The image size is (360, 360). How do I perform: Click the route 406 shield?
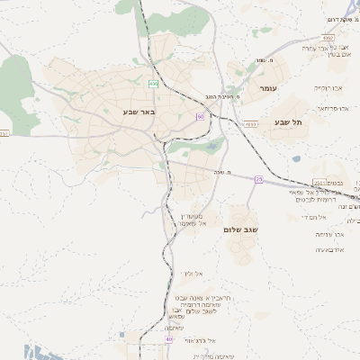pos(154,84)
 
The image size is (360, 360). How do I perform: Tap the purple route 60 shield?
pos(200,116)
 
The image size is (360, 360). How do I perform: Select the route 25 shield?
pos(258,179)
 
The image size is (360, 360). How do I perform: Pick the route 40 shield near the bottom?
pos(168,339)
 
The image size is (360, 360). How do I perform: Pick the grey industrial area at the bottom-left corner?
pos(27,350)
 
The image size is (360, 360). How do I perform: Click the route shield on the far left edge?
pos(4,133)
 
